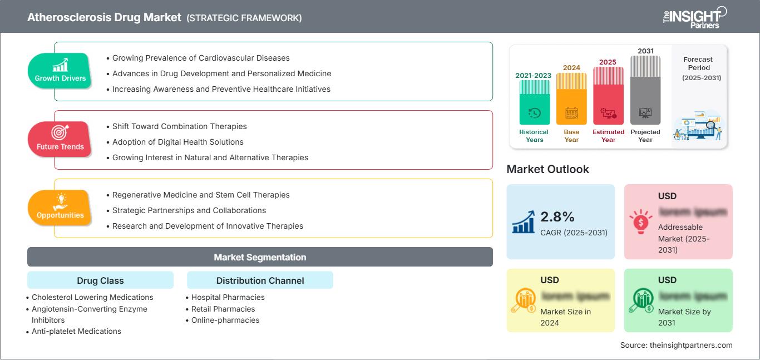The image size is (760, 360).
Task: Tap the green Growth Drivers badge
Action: [60, 71]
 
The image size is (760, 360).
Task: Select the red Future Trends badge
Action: [60, 139]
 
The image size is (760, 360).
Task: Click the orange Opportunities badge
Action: [60, 208]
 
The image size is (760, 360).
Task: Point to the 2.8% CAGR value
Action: [557, 217]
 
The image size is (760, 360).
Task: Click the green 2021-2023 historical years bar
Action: [534, 103]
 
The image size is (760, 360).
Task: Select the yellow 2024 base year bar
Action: [571, 100]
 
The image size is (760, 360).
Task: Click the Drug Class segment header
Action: [100, 280]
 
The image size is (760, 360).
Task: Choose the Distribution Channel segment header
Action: [260, 280]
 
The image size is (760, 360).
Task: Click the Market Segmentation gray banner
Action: [260, 257]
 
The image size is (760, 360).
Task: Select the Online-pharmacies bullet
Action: [225, 320]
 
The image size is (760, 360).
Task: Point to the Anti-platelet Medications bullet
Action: [76, 331]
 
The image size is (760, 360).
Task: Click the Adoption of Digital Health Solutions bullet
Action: [177, 142]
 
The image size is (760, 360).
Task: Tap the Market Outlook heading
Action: [547, 169]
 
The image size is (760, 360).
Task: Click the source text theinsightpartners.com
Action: [676, 345]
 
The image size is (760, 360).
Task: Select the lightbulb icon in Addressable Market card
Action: [640, 221]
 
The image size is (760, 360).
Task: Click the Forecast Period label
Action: [698, 63]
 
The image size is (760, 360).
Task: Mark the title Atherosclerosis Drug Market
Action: [104, 17]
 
